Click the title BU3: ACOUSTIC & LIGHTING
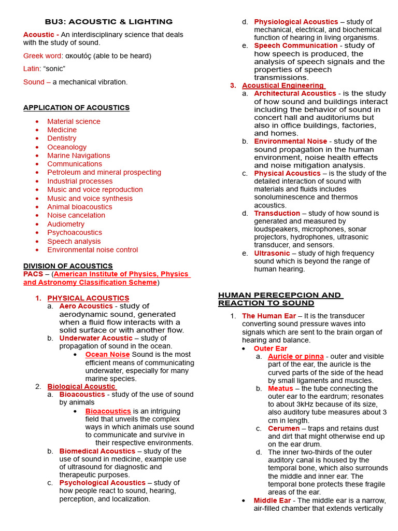pyautogui.click(x=108, y=22)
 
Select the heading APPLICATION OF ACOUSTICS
pyautogui.click(x=76, y=108)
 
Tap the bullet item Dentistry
pyautogui.click(x=62, y=138)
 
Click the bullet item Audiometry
pyautogui.click(x=66, y=224)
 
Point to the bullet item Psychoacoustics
pyautogui.click(x=75, y=232)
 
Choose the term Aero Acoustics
pyautogui.click(x=86, y=306)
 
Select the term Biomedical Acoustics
pyautogui.click(x=97, y=451)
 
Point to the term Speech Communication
pyautogui.click(x=295, y=46)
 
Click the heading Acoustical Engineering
pyautogui.click(x=283, y=86)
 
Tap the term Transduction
pyautogui.click(x=277, y=213)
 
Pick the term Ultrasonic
pyautogui.click(x=272, y=253)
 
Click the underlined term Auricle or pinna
pyautogui.click(x=295, y=357)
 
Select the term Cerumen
pyautogui.click(x=283, y=429)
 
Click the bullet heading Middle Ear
pyautogui.click(x=272, y=500)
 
